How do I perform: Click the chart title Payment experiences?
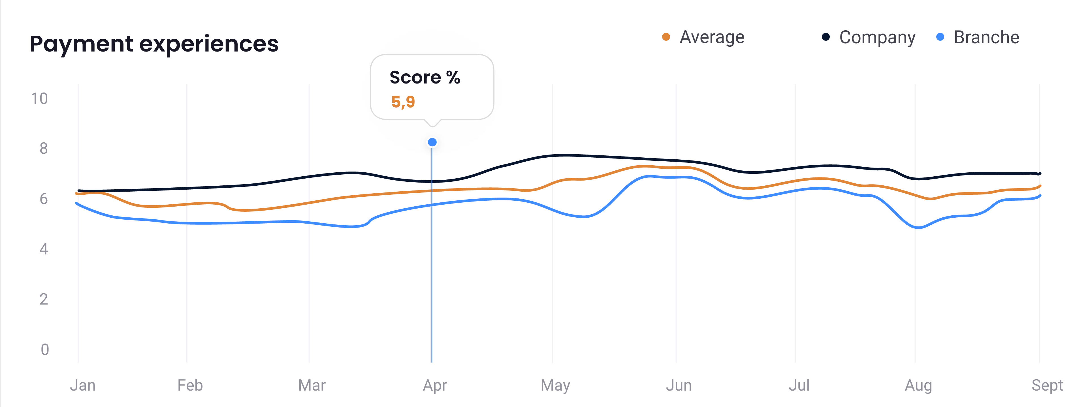(x=154, y=44)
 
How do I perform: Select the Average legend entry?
(x=712, y=37)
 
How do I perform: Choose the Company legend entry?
(x=877, y=37)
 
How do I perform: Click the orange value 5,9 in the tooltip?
(x=403, y=102)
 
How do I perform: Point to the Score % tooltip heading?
(x=425, y=77)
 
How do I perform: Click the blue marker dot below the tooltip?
(x=432, y=142)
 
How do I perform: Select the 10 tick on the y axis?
(x=39, y=98)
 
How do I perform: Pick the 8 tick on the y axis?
(x=44, y=148)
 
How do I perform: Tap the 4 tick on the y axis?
(x=44, y=249)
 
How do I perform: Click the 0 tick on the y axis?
(x=44, y=349)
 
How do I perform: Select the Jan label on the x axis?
(x=83, y=385)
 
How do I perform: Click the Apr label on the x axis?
(x=435, y=385)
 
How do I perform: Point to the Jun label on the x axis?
(x=679, y=385)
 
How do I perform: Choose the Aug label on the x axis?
(x=918, y=385)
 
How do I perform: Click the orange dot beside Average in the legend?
(x=666, y=37)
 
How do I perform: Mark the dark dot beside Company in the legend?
(x=826, y=37)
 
